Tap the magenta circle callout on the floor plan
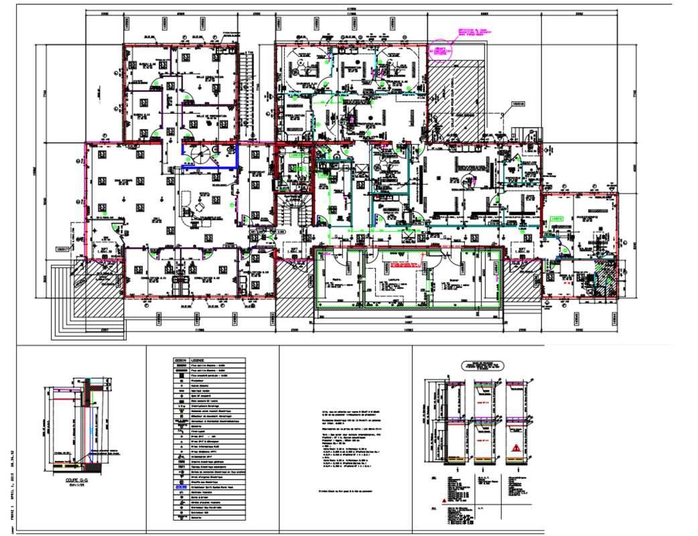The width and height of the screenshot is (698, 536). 439,51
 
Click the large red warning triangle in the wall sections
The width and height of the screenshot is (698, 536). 516,447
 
